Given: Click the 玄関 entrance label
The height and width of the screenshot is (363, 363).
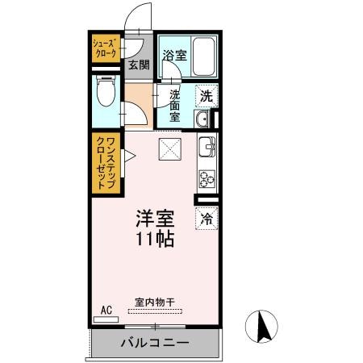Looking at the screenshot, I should (139, 65).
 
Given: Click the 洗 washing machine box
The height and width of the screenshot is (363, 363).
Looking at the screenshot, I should (207, 95).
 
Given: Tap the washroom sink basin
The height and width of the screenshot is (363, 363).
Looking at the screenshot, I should (202, 120).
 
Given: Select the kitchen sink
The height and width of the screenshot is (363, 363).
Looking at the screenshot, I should (207, 148).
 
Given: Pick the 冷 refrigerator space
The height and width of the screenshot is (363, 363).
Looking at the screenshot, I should (207, 217).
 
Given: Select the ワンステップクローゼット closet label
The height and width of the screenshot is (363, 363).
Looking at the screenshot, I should (105, 163).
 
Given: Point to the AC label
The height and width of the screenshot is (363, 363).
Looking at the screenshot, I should (106, 309).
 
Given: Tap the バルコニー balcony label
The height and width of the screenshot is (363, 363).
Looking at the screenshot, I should (155, 344).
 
